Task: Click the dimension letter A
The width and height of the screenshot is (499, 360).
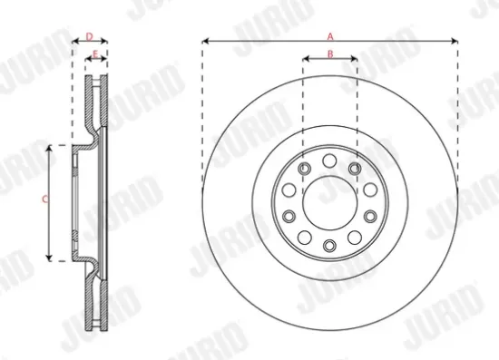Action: pyautogui.click(x=330, y=34)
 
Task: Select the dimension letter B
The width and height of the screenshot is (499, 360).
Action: pyautogui.click(x=330, y=54)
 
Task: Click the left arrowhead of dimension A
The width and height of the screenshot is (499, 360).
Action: pyautogui.click(x=205, y=41)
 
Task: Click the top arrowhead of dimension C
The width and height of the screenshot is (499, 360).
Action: pyautogui.click(x=48, y=145)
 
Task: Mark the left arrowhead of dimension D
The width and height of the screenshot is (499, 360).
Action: pyautogui.click(x=73, y=42)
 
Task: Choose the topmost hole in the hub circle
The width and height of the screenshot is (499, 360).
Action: pyautogui.click(x=329, y=160)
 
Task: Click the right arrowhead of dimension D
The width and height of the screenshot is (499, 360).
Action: pyautogui.click(x=106, y=42)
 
